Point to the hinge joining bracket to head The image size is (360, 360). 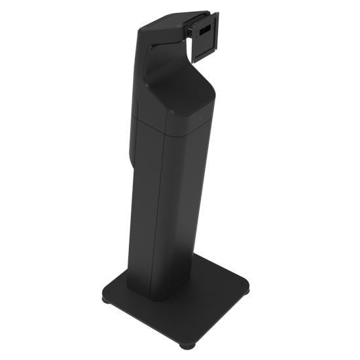(x=190, y=29)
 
